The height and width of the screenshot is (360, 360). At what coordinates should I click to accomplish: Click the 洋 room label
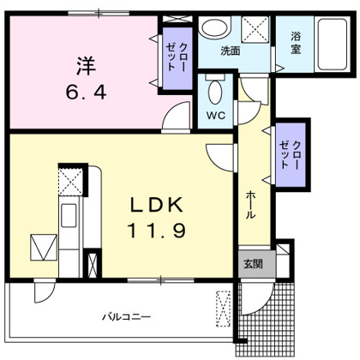point(86,66)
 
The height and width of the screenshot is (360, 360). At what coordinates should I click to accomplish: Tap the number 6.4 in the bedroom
point(86,93)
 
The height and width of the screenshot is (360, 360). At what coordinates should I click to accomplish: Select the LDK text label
point(157,205)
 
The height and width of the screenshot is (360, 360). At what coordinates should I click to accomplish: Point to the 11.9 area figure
point(157,231)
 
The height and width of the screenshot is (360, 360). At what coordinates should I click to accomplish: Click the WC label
point(216,116)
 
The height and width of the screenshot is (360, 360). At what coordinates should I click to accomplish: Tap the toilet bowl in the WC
point(216,92)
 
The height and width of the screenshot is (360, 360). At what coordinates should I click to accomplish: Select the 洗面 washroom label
point(231,51)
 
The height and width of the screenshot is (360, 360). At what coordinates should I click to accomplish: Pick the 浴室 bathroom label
point(296,43)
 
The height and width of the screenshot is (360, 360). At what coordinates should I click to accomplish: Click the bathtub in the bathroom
point(332,44)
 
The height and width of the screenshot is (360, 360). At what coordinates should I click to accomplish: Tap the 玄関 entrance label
point(253,264)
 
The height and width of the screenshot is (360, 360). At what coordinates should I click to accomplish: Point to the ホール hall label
point(250,205)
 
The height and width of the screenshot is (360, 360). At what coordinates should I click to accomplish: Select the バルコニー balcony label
point(127,316)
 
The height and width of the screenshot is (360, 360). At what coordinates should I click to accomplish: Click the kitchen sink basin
point(69,215)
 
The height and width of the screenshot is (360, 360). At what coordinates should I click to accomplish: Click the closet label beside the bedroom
point(177,57)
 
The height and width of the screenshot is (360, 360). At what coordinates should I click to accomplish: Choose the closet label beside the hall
point(290,155)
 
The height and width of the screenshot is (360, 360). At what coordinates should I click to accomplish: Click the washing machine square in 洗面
point(255,30)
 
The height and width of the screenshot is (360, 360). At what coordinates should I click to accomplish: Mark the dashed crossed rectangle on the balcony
point(223,309)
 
